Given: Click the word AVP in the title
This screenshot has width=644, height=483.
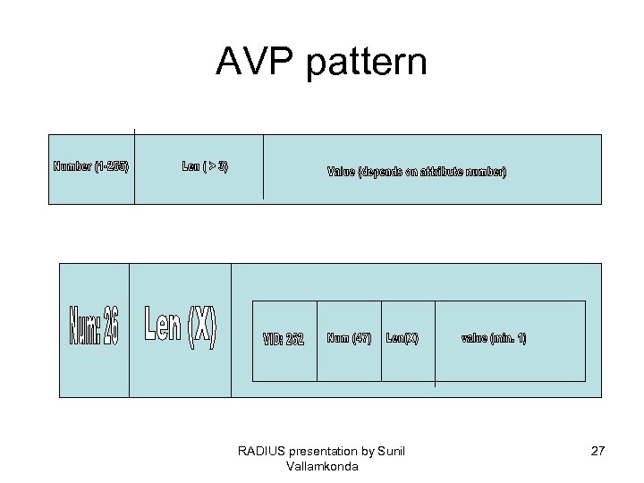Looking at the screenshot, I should click(x=253, y=62).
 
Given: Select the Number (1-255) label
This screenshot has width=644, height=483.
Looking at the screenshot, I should click(x=91, y=166).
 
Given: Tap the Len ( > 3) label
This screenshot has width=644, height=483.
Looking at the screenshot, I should click(x=205, y=166).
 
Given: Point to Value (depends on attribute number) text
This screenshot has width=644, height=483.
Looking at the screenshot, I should click(x=417, y=172).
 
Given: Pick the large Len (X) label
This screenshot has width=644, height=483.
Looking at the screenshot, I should click(x=181, y=327).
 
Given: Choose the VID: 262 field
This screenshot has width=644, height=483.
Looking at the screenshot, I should click(x=284, y=340).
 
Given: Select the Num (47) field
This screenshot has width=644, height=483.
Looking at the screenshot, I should click(x=349, y=338).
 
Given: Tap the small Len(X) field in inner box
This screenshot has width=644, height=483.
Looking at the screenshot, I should click(x=402, y=338).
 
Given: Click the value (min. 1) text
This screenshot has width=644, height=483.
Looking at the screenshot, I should click(x=494, y=338).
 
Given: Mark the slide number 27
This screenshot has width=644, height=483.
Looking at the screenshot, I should click(x=598, y=451).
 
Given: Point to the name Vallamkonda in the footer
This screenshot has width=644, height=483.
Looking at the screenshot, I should click(x=322, y=466).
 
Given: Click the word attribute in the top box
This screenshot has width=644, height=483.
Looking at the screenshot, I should click(x=432, y=172).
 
